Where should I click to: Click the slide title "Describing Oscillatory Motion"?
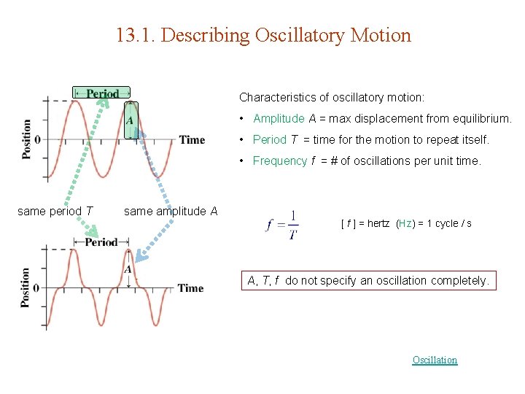263,35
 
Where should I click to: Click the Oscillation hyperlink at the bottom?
435,360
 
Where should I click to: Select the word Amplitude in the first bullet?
279,118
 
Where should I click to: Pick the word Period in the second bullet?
269,139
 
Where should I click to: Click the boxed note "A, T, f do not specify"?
368,280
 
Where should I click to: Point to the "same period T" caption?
55,211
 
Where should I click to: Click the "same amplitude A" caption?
171,211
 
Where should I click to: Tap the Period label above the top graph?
102,93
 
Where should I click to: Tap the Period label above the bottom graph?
101,242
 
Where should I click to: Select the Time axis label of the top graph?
192,139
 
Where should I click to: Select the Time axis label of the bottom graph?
190,288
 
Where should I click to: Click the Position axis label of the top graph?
27,139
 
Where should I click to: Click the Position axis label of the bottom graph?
26,287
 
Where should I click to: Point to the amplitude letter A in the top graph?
130,120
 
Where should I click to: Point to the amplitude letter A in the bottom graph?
128,269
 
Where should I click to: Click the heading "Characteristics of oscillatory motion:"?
332,97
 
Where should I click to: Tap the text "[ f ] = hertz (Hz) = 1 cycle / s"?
406,223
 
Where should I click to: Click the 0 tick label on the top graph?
37,139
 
